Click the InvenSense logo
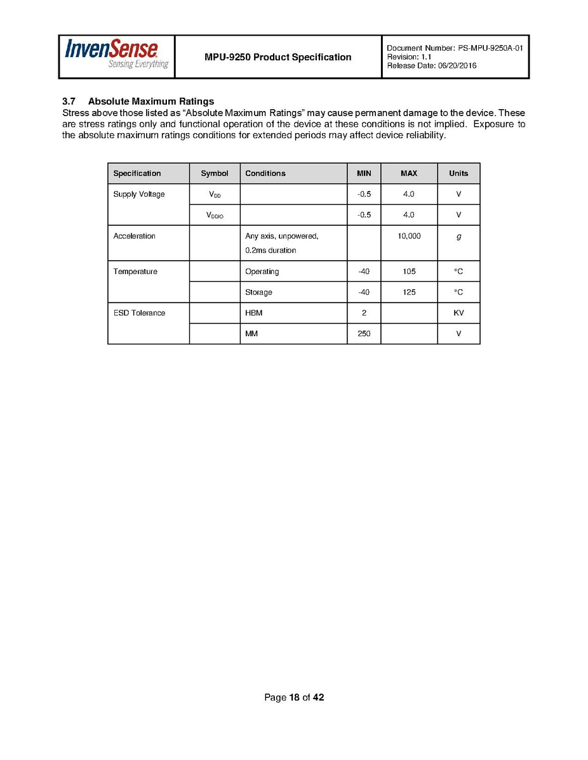(116, 55)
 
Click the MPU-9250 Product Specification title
(277, 57)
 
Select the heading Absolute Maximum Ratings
(151, 102)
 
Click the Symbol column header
(214, 173)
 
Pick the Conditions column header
(265, 173)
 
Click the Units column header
(458, 173)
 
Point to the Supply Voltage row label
(139, 194)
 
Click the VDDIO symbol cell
(215, 216)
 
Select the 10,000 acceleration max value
(409, 236)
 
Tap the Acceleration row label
(134, 236)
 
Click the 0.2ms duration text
(271, 251)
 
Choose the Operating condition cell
(262, 272)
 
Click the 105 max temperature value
(409, 272)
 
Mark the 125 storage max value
(409, 292)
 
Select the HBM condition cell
(254, 313)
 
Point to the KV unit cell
(458, 313)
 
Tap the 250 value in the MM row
(364, 334)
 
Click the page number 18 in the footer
(294, 698)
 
